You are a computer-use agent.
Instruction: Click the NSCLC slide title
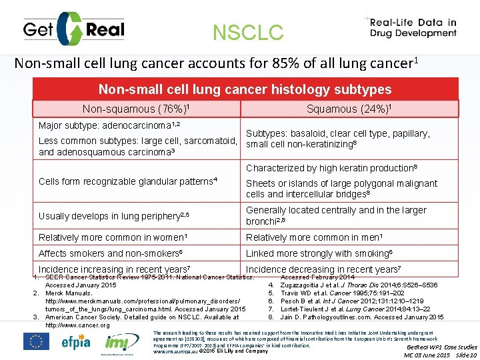[x=248, y=31]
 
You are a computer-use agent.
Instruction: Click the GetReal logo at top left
[x=73, y=29]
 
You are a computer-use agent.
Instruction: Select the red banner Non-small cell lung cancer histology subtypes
[x=245, y=89]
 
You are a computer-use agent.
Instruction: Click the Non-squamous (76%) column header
[x=137, y=109]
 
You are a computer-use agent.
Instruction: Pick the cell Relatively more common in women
[x=112, y=237]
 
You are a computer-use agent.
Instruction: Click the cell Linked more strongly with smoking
[x=319, y=253]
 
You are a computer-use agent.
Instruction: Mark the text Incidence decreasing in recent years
[x=322, y=269]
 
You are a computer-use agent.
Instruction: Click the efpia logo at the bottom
[x=76, y=343]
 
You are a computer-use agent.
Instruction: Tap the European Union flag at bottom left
[x=35, y=342]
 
